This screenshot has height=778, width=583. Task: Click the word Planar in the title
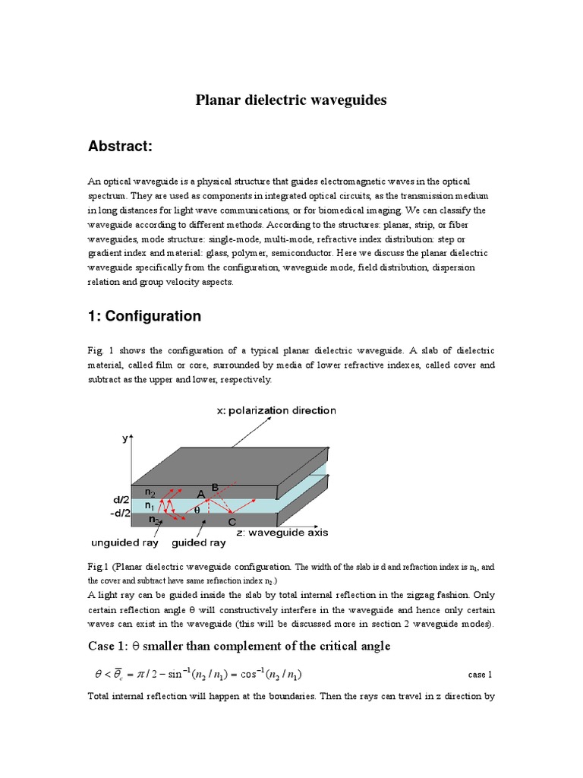(218, 100)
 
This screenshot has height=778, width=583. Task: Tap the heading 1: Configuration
(144, 316)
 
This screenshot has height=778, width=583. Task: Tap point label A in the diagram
(200, 494)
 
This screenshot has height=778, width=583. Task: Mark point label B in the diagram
(216, 485)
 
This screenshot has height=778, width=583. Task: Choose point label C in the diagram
(232, 522)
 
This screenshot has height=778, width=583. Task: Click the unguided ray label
(124, 542)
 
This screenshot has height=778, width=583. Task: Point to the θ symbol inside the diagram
(199, 511)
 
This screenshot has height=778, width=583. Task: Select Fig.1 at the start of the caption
(99, 566)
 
